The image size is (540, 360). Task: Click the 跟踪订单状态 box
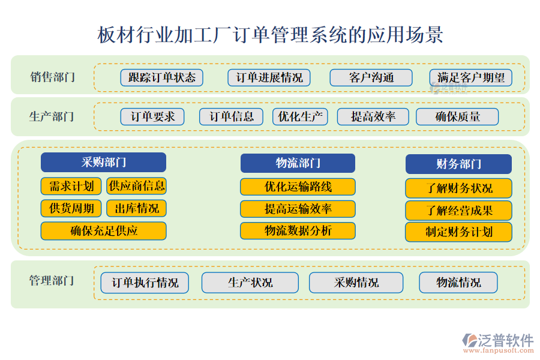click(x=162, y=77)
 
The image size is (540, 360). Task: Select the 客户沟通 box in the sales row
click(x=371, y=77)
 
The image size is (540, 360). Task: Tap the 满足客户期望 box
click(x=471, y=77)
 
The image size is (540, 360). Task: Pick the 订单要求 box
click(x=152, y=116)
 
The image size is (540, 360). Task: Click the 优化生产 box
click(x=300, y=116)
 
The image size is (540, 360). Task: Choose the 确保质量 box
click(x=457, y=116)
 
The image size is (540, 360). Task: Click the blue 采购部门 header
click(x=103, y=163)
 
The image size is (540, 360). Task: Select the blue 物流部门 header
click(x=298, y=163)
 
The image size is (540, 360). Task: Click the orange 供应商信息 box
click(x=136, y=186)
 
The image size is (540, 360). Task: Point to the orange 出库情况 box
click(x=136, y=208)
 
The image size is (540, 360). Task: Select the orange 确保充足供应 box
click(x=103, y=230)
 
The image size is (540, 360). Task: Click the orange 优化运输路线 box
click(x=298, y=187)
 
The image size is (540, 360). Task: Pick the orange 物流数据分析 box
click(x=298, y=230)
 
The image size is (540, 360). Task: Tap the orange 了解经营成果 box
click(x=458, y=211)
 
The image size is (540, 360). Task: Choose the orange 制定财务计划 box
click(x=458, y=232)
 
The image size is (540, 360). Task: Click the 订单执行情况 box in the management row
click(x=145, y=283)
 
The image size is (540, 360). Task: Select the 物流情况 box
click(x=458, y=283)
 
